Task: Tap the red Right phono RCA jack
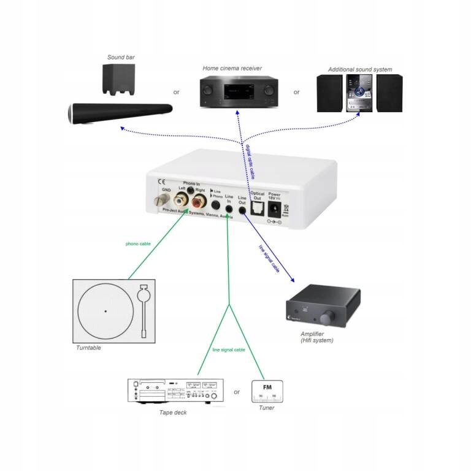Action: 199,201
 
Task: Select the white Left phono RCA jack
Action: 182,199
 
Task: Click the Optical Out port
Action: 258,209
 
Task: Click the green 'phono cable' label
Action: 139,243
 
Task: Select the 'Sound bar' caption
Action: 121,58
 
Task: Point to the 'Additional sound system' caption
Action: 360,69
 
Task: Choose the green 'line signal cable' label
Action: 229,350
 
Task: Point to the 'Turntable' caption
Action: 89,348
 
